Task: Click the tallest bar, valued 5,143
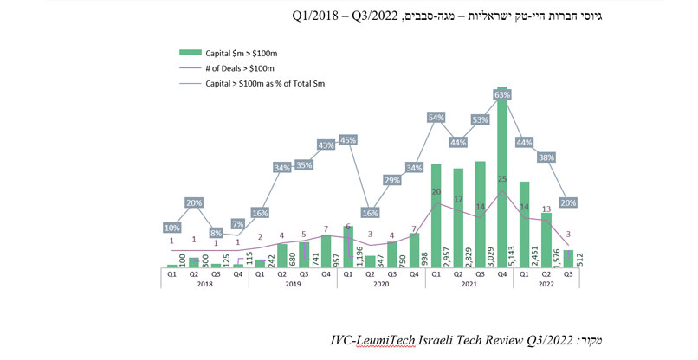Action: (501, 182)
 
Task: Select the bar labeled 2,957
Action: (436, 216)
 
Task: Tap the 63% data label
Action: (501, 93)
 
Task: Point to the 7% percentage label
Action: (237, 225)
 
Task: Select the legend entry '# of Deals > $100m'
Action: (237, 67)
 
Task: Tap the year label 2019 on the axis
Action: (292, 284)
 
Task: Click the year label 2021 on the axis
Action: (469, 284)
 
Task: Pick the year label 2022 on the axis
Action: (546, 284)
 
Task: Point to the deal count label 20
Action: (436, 192)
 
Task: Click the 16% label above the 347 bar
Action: (370, 212)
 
